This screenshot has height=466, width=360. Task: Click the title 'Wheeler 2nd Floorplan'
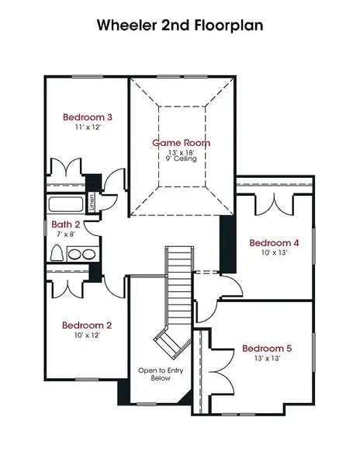tap(180, 25)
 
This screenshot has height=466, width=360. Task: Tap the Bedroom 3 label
tap(82, 117)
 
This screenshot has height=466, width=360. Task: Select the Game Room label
tap(181, 143)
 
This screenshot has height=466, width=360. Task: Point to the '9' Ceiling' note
tap(181, 159)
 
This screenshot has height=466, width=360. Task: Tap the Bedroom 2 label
tap(82, 325)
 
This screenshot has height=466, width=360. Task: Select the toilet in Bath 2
tap(57, 253)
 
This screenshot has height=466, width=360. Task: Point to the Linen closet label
tap(92, 203)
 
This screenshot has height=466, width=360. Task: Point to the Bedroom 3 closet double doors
tap(66, 169)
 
